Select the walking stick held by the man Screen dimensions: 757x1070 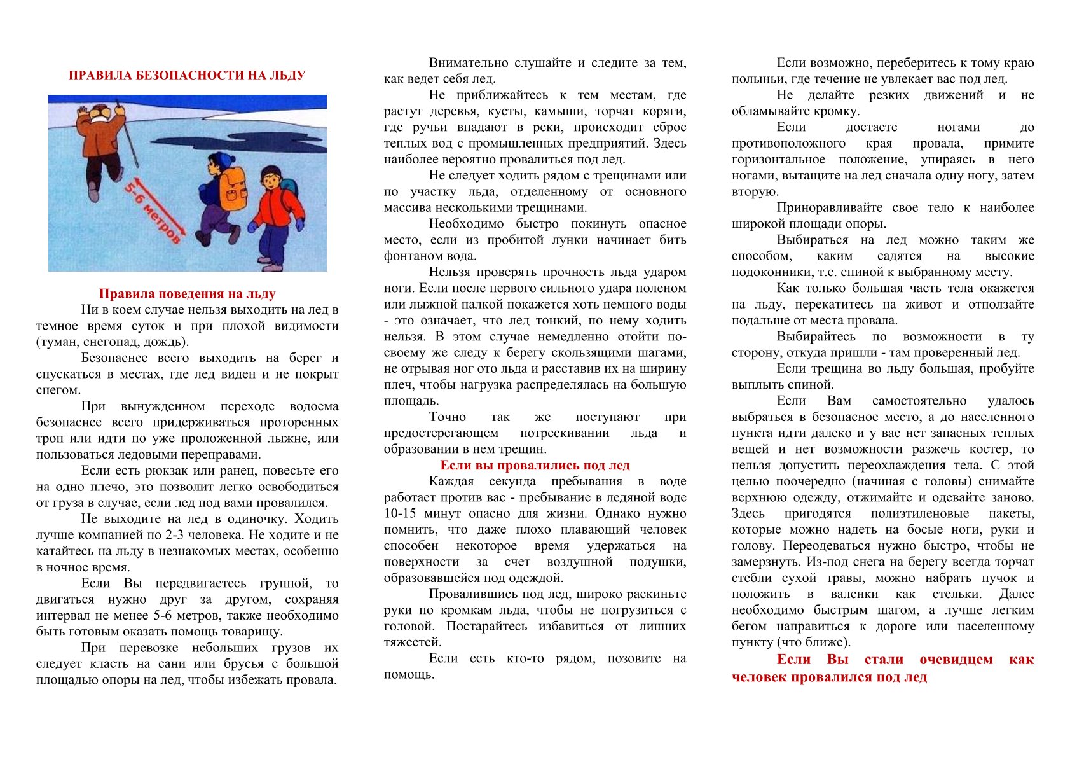pos(128,140)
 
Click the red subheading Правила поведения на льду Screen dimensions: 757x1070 pos(187,294)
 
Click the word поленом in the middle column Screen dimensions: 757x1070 pos(662,288)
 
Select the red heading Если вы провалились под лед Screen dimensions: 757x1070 pos(535,465)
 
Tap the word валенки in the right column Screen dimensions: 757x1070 pos(855,594)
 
